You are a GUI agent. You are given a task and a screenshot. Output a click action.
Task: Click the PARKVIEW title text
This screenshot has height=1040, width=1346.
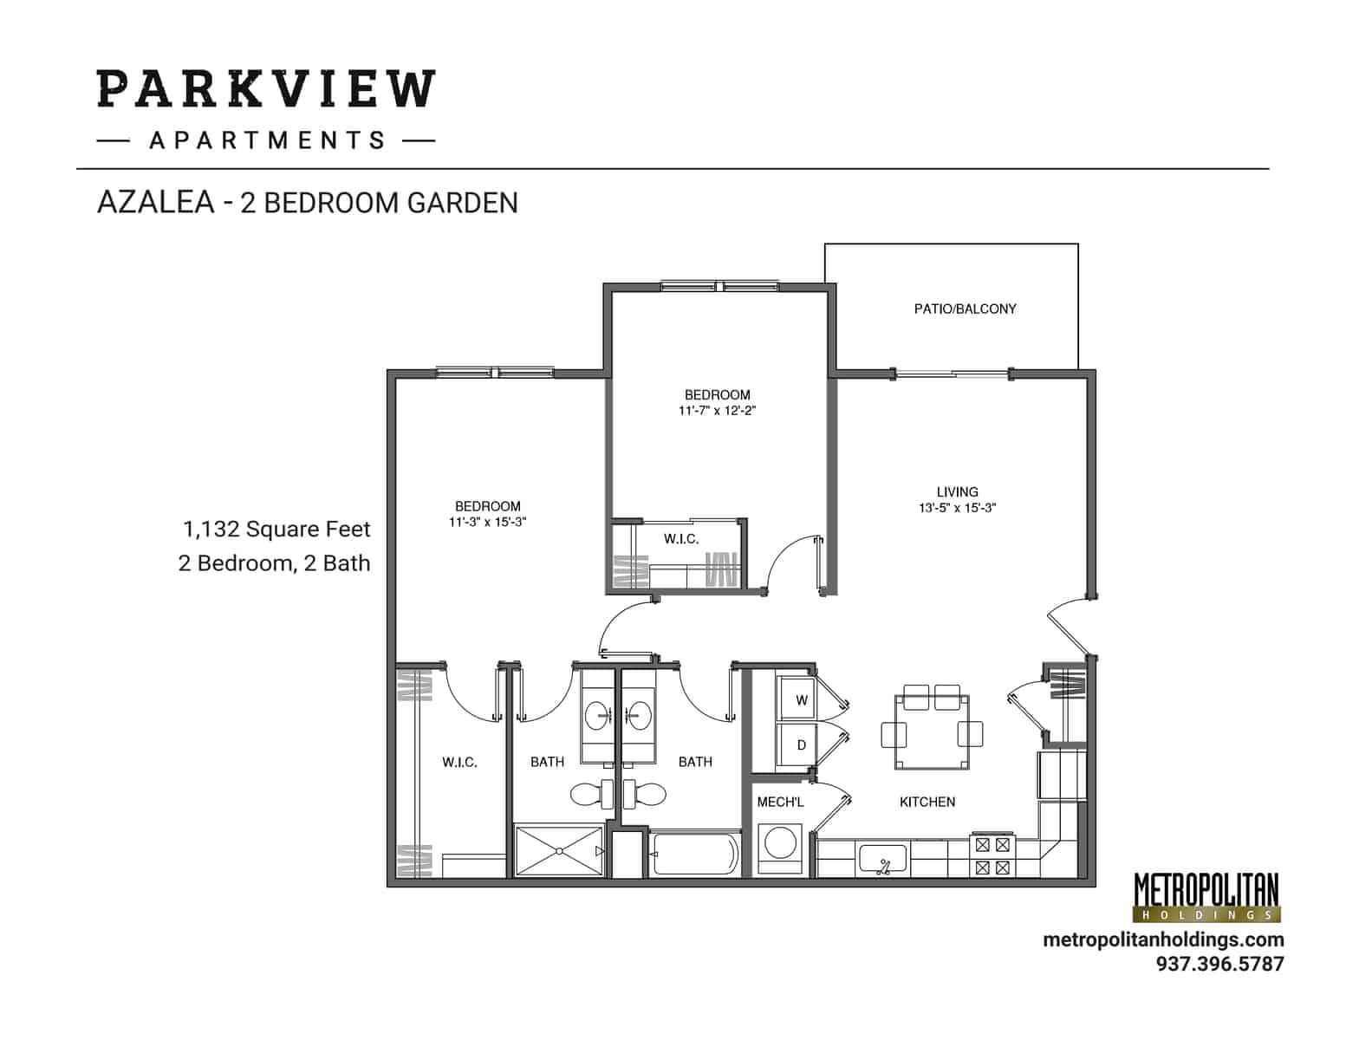point(265,89)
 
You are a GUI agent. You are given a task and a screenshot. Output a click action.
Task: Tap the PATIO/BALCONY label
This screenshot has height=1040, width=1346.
point(965,309)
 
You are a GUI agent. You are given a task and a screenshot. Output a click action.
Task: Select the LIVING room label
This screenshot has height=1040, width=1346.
point(957,491)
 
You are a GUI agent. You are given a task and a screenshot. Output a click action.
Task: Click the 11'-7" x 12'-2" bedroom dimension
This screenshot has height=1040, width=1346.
point(717,411)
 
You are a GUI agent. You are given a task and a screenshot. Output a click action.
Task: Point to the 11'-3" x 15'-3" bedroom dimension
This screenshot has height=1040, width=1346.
point(488,522)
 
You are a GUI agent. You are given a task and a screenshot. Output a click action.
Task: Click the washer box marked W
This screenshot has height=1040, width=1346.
point(802,699)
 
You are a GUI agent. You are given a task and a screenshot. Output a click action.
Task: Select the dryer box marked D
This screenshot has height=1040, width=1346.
point(802,744)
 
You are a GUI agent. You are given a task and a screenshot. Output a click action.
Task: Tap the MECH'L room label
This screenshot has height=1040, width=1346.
point(780,802)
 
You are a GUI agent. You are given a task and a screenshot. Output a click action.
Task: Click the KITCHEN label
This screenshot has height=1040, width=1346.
point(927,802)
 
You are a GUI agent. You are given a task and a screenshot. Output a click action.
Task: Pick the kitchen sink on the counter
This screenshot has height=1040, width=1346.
point(882,860)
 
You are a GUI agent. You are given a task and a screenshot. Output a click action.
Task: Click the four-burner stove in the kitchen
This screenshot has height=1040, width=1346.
point(992,855)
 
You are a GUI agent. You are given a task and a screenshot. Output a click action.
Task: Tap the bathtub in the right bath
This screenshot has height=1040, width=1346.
point(696,855)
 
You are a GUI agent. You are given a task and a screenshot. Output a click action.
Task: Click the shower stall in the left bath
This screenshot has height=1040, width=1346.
point(559,852)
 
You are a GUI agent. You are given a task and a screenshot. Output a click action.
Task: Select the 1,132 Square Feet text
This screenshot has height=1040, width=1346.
point(276,529)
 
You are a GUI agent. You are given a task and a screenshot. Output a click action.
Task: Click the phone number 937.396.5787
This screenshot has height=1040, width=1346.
point(1219,963)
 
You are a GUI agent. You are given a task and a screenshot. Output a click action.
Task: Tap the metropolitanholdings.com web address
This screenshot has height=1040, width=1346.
point(1163,939)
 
